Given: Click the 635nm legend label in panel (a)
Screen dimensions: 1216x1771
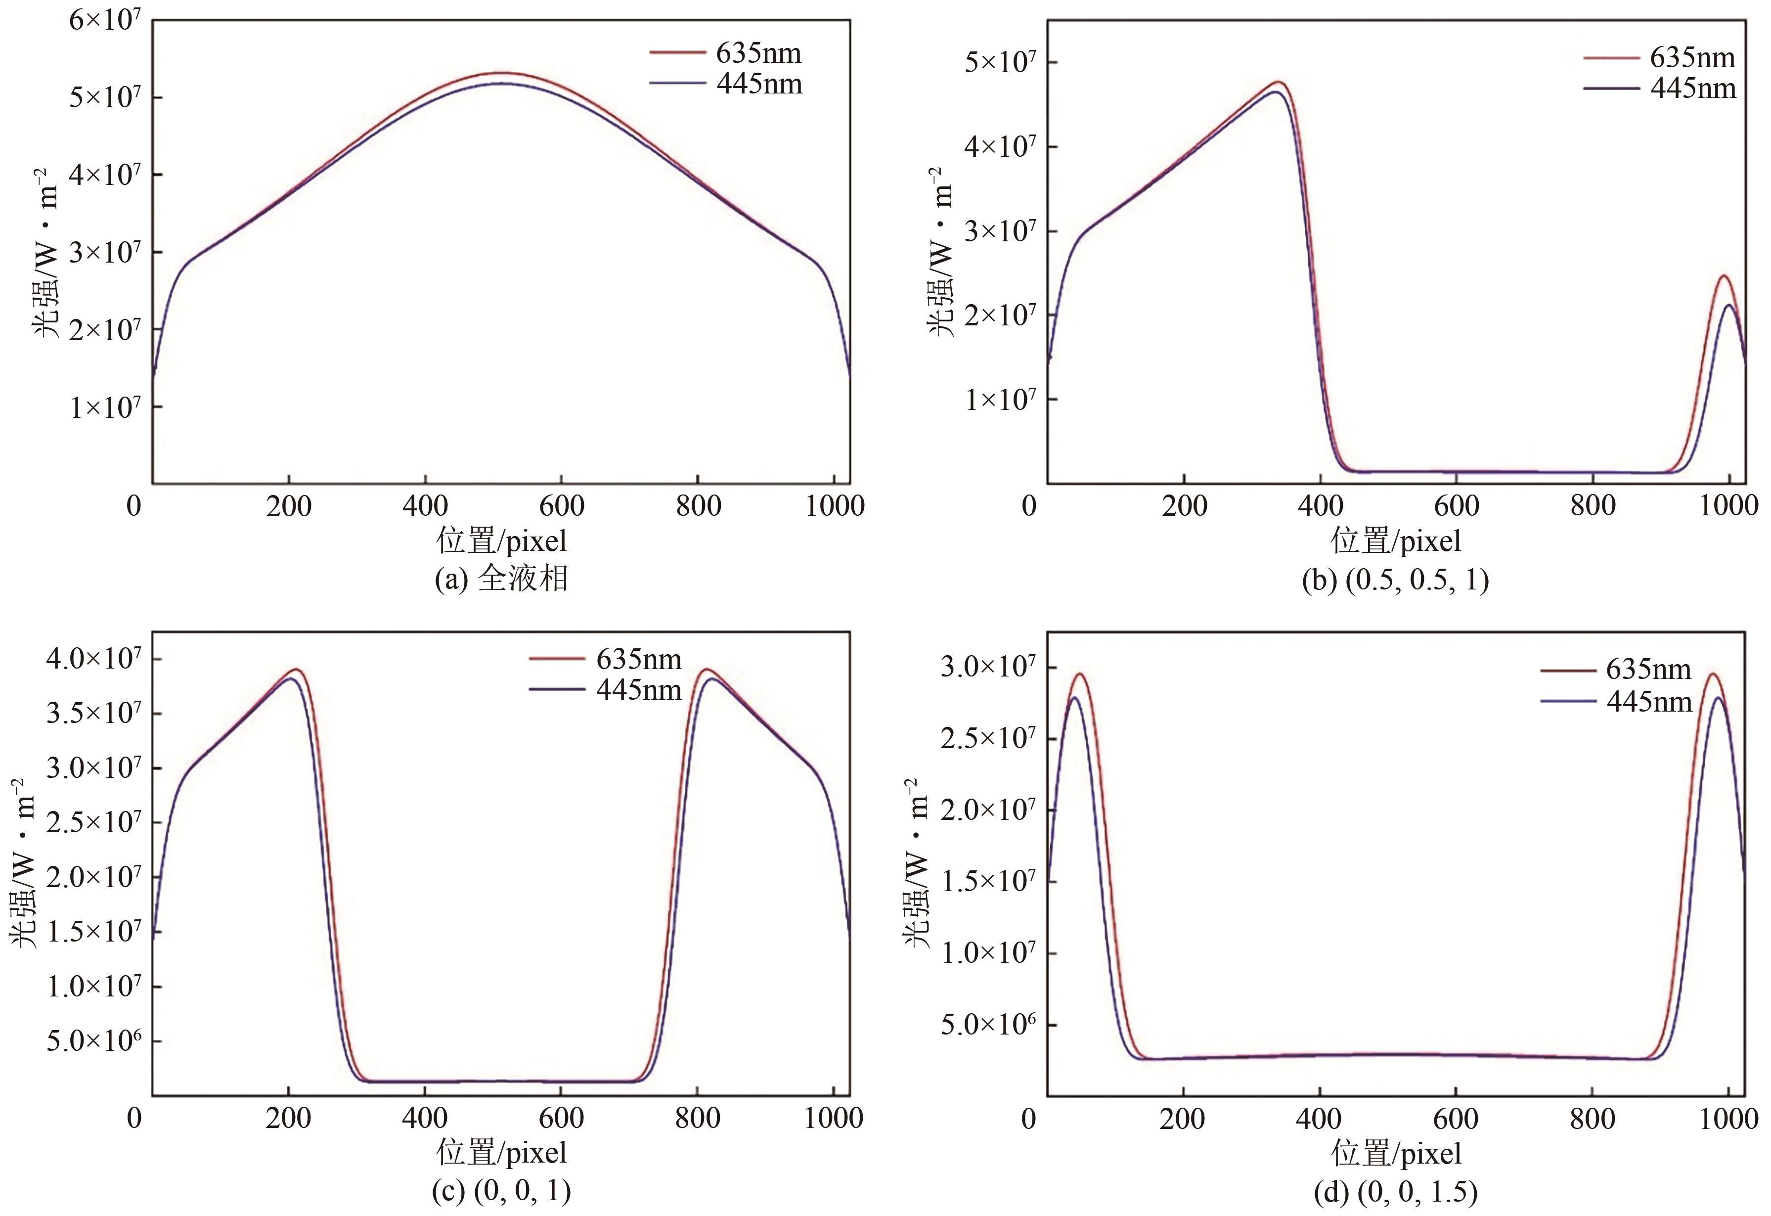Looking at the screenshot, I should pyautogui.click(x=758, y=53).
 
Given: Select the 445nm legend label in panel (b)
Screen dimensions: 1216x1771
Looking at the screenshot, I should pyautogui.click(x=1692, y=89).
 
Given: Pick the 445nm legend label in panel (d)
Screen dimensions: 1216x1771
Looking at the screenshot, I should pyautogui.click(x=1649, y=701).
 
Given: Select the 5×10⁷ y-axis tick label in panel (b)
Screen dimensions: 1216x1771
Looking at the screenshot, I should pyautogui.click(x=1001, y=62).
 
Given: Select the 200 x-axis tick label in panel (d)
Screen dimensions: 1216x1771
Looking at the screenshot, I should pyautogui.click(x=1184, y=1119).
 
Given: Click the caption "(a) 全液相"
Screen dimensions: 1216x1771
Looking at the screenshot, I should pyautogui.click(x=501, y=580).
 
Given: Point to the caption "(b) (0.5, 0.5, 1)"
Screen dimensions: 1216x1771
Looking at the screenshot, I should pyautogui.click(x=1395, y=580).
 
